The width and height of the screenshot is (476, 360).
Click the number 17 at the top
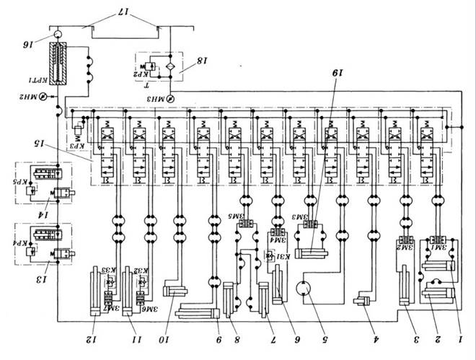click(x=118, y=12)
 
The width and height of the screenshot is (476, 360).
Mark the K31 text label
click(x=283, y=255)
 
